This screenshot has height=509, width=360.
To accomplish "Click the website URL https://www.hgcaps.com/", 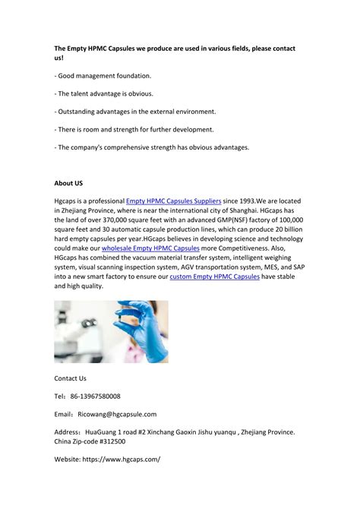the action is point(124,459).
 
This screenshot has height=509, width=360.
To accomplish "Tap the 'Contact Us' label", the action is point(70,378).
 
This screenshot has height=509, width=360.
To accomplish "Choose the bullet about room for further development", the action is point(134,129).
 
